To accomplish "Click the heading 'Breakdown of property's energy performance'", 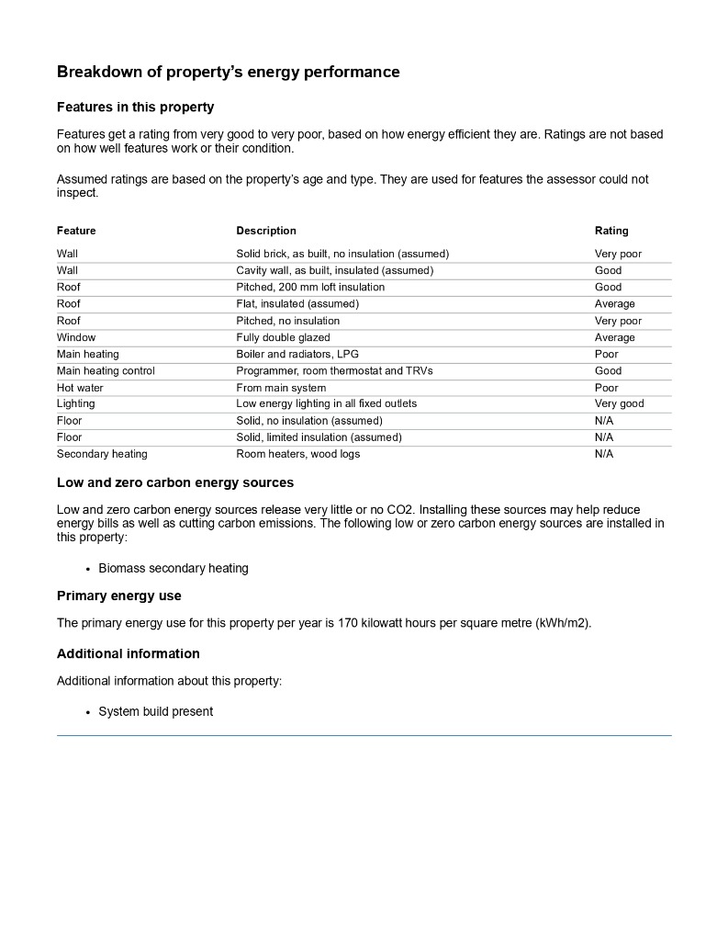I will coord(228,72).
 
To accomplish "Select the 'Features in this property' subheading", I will coord(135,107).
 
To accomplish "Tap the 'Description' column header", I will coord(266,231).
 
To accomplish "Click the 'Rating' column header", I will coord(611,231).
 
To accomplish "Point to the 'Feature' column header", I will coord(76,231).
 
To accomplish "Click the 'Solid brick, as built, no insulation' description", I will coord(342,254).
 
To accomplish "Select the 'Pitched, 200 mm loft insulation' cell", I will coord(310,288).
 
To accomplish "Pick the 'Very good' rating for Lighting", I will coord(619,404).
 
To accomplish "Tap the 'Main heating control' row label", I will coord(106,371).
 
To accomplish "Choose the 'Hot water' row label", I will coord(80,388).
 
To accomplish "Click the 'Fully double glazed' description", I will coord(283,338).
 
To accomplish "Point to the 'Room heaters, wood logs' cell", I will coord(297,454).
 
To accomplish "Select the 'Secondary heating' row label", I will coord(102,454).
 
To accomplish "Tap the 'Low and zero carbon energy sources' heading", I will coord(175,482).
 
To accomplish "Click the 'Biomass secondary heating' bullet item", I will coord(174,568).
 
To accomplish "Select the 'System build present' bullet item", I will coord(156,711).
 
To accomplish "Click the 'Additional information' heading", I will coord(128,653).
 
